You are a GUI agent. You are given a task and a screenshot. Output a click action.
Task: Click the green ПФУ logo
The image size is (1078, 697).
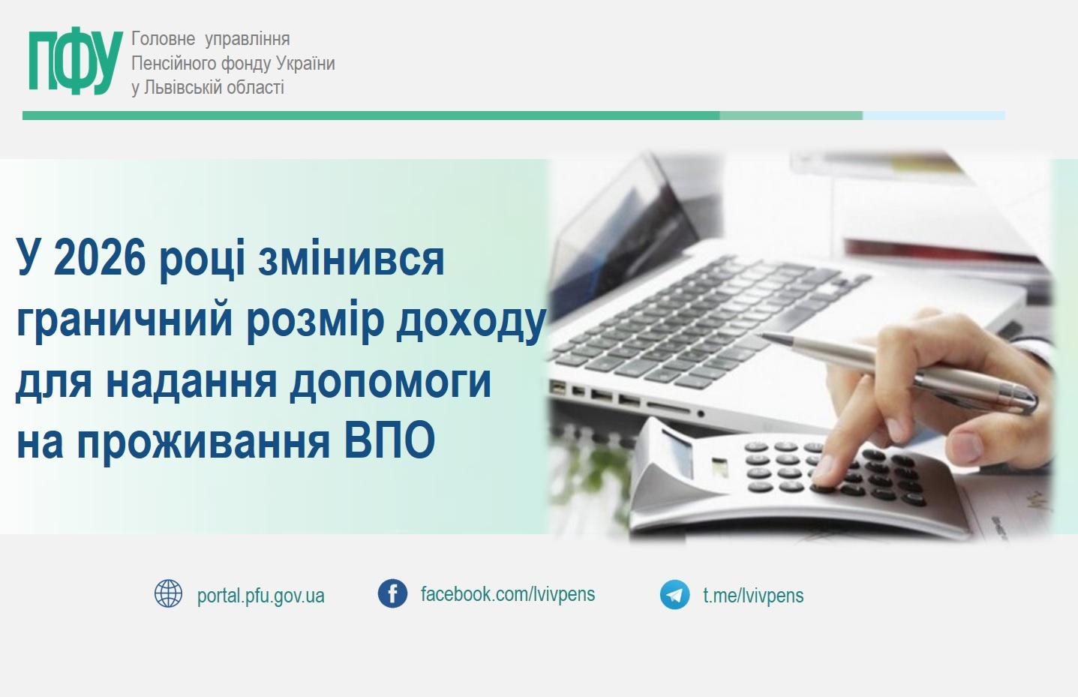click(75, 63)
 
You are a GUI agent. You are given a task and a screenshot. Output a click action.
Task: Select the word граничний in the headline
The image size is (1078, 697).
click(125, 320)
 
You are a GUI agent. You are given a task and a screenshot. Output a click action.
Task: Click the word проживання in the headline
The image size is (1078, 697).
click(203, 441)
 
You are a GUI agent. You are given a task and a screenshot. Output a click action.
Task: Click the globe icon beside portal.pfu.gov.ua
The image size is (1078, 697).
click(168, 593)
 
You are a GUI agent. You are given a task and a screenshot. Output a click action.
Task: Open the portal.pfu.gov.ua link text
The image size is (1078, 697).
click(260, 596)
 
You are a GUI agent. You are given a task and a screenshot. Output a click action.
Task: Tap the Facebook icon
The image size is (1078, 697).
click(392, 593)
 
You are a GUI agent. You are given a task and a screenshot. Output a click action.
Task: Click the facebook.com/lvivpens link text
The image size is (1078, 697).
click(508, 594)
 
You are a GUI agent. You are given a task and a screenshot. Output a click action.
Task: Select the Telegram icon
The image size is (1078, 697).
click(674, 594)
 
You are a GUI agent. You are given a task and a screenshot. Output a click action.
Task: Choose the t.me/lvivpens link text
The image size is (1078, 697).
click(753, 596)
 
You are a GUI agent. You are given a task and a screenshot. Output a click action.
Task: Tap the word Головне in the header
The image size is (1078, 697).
click(163, 39)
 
